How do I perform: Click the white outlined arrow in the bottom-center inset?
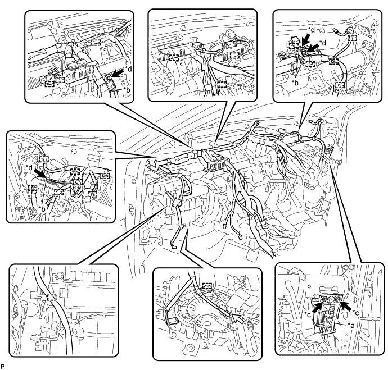coord(238,319)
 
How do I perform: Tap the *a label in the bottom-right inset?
coord(351,326)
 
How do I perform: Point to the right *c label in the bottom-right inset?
coord(356,312)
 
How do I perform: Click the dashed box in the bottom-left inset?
coord(51,297)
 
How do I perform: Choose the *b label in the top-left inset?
coord(127,90)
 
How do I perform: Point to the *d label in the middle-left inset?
coord(29,168)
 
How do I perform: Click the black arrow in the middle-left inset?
coord(39,173)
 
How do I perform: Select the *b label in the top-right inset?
coord(295,83)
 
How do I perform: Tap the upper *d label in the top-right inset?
coord(312,30)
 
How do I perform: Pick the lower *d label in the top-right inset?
coord(323,43)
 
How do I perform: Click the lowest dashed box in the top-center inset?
coord(222,84)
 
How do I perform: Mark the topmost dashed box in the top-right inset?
coord(352,38)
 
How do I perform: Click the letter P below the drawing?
coord(3,366)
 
